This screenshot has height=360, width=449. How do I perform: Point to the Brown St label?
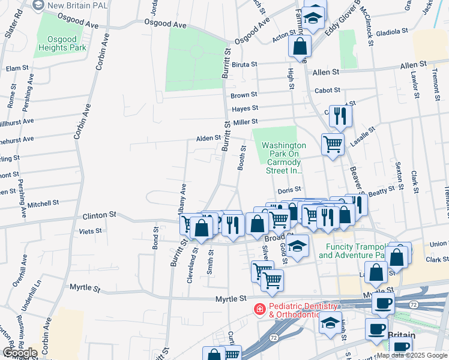[244, 95]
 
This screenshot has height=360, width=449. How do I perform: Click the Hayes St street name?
[245, 108]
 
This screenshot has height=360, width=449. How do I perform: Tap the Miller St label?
[245, 122]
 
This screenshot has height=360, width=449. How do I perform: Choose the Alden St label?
[208, 138]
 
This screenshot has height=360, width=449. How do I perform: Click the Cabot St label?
[327, 90]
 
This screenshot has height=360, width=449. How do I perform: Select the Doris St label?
[289, 190]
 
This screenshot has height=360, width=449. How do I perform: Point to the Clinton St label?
[98, 215]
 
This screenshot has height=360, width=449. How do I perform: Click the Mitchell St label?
[43, 203]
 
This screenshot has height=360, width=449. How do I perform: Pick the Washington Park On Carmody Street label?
[284, 158]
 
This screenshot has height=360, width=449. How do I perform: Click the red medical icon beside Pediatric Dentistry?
[259, 309]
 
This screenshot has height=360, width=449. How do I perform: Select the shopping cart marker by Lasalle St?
[333, 143]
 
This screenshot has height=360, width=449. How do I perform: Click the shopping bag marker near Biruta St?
[300, 45]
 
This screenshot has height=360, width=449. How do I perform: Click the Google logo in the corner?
[20, 353]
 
